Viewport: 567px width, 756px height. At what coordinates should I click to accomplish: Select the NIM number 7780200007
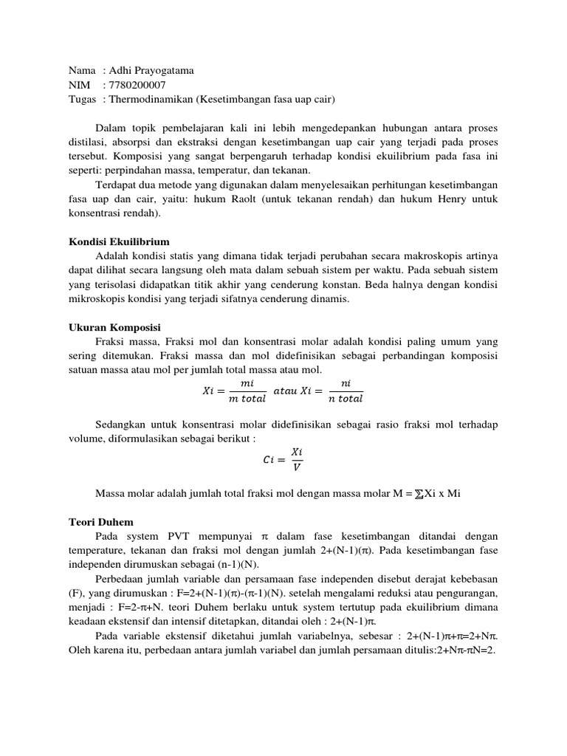pos(138,85)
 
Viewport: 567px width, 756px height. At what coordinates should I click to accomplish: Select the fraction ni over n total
pos(346,391)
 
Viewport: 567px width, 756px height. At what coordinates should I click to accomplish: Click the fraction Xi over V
pos(296,458)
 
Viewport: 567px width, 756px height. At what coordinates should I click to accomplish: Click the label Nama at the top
pos(82,70)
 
